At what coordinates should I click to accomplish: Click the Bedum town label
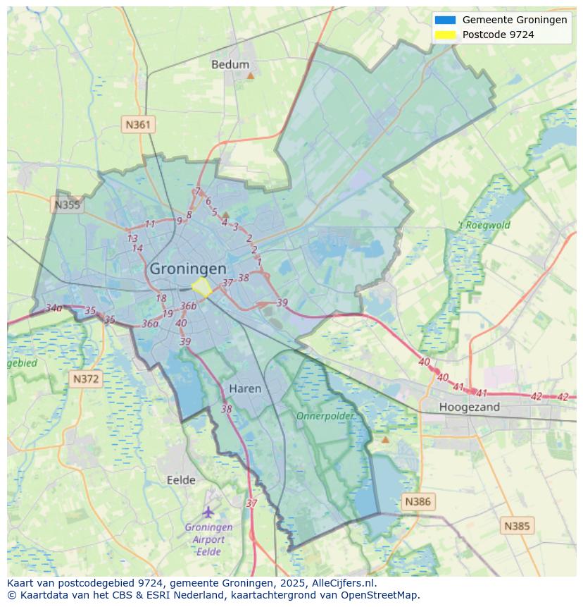point(230,64)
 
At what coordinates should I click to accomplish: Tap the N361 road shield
point(138,125)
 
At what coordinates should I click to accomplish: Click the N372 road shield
point(86,379)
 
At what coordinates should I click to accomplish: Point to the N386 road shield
point(418,502)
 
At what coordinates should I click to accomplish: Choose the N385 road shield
point(518,525)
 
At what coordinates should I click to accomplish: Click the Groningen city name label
point(188,269)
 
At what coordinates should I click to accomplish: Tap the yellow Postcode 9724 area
point(202,287)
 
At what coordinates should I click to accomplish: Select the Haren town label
point(245,388)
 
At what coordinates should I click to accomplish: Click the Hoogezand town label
point(469,407)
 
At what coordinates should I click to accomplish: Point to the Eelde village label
point(181,480)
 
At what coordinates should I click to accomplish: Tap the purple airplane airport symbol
point(208,512)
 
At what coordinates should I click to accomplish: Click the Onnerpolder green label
point(325,416)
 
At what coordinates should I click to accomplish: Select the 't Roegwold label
point(484,226)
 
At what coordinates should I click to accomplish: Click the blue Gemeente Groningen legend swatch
point(445,20)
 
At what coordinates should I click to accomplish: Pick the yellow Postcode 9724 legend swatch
point(445,35)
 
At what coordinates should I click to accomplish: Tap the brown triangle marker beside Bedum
point(250,73)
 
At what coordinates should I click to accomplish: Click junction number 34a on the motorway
point(54,308)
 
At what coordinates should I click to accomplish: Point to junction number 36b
point(188,305)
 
